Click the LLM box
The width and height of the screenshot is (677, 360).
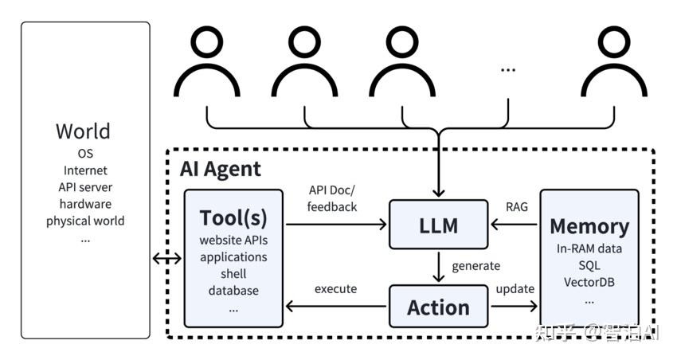439,225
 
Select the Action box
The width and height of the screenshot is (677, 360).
439,307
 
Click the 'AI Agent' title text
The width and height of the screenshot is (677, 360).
221,169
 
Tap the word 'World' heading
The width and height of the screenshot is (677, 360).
84,131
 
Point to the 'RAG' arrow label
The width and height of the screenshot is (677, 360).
516,206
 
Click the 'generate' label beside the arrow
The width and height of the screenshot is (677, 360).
475,266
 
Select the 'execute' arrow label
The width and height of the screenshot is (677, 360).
335,288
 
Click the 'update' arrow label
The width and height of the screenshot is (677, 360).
515,288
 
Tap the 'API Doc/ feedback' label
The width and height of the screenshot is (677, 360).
333,198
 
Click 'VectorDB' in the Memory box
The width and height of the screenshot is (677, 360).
589,282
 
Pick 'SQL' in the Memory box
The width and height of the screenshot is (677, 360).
589,265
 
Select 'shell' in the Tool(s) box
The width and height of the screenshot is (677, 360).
233,274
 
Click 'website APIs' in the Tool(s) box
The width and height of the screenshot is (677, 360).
233,241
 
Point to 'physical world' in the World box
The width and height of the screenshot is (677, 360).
85,221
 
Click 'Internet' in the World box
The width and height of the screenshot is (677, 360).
85,170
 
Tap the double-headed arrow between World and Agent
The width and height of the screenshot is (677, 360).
166,258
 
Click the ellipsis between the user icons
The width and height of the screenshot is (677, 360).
508,70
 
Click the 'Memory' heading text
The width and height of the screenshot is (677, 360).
589,226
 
